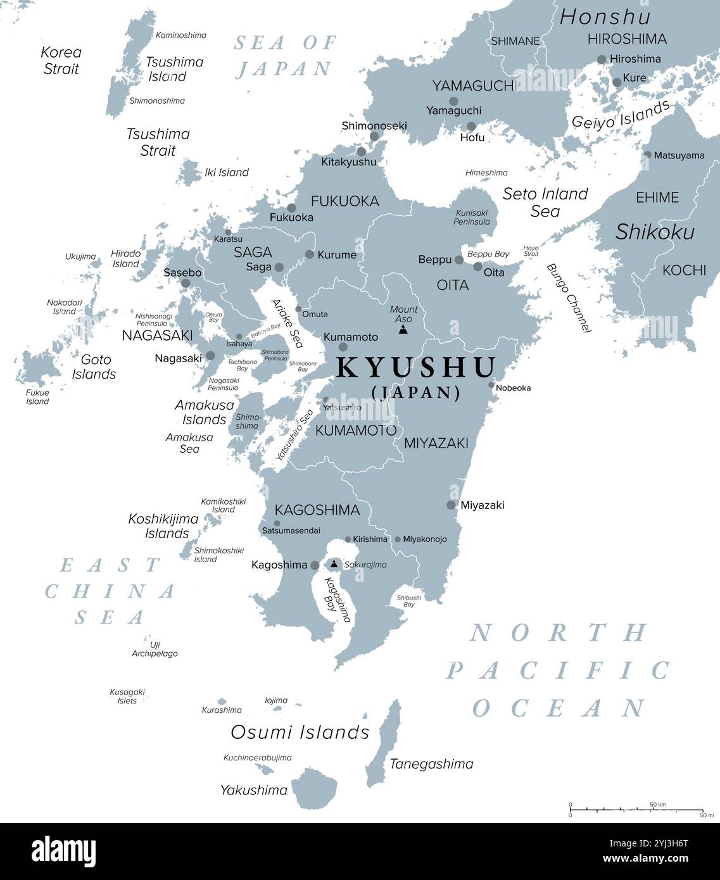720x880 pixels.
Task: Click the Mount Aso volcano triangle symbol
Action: (403, 330)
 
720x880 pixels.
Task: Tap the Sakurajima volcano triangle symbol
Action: (334, 563)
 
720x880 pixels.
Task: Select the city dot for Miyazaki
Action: (451, 505)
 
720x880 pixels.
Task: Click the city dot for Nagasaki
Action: (210, 356)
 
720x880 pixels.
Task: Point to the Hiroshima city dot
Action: (602, 60)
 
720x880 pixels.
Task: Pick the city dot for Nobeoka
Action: (491, 385)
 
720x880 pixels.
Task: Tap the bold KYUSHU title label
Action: (416, 368)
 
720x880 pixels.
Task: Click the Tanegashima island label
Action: (431, 764)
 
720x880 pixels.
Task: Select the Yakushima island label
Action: (253, 790)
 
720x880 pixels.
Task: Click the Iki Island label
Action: (226, 172)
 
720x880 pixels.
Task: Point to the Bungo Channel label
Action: (569, 298)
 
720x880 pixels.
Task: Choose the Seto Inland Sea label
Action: (545, 203)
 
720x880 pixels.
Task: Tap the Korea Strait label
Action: (61, 60)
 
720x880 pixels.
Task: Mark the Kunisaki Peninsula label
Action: (472, 217)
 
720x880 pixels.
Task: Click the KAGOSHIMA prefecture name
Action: (317, 510)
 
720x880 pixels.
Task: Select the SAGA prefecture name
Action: (253, 252)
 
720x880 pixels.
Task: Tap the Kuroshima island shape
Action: (222, 701)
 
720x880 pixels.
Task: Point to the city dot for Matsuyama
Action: (647, 154)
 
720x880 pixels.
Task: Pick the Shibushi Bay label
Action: (409, 601)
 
